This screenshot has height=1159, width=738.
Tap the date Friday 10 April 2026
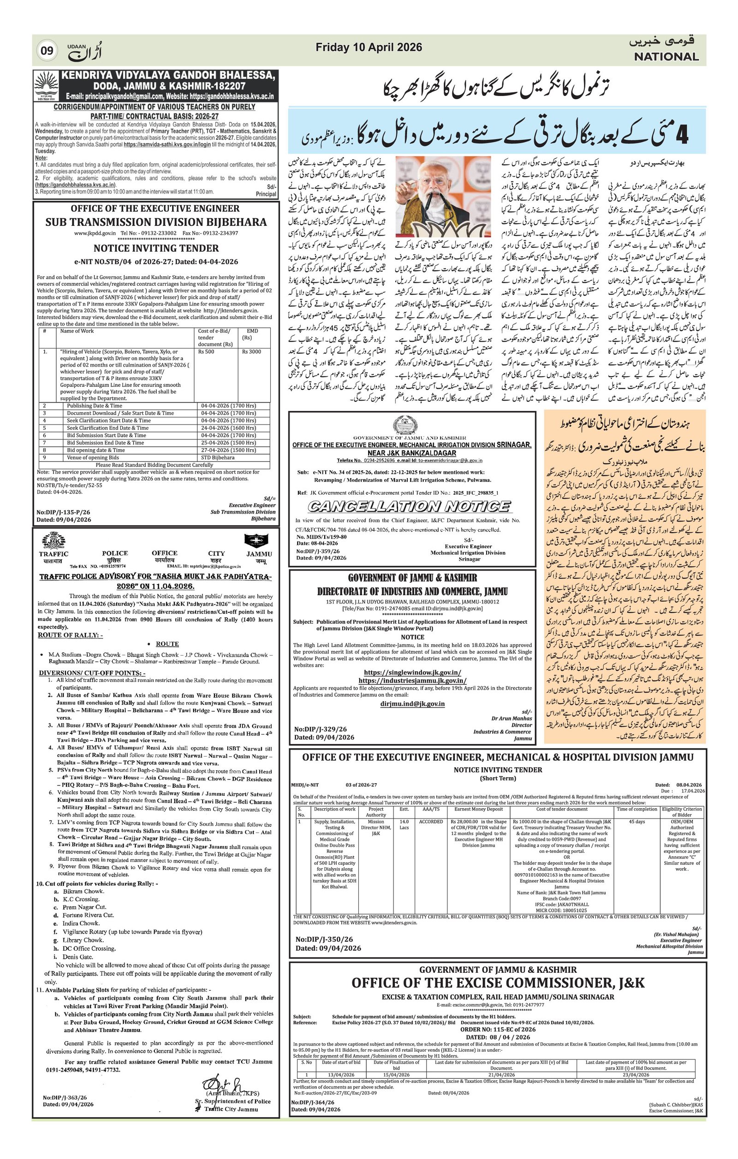(369, 47)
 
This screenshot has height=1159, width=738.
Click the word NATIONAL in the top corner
(666, 57)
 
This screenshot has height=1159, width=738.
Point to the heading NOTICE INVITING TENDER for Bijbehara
(156, 248)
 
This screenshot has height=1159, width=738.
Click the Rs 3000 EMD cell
(252, 352)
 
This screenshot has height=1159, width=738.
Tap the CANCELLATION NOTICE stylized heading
(409, 506)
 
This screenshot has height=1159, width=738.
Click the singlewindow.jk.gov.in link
(412, 672)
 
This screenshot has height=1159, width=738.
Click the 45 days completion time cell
(637, 822)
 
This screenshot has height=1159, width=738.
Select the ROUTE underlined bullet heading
(167, 644)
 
